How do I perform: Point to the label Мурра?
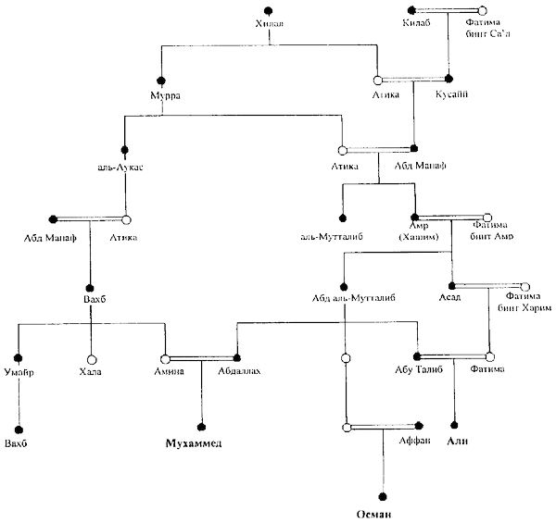pos(163,95)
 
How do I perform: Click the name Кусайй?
pos(450,95)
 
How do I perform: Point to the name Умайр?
pos(19,372)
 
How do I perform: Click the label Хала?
pos(91,372)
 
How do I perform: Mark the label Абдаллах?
pos(238,372)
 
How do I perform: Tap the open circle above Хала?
pos(91,357)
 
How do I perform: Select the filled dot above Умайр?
pos(19,357)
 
